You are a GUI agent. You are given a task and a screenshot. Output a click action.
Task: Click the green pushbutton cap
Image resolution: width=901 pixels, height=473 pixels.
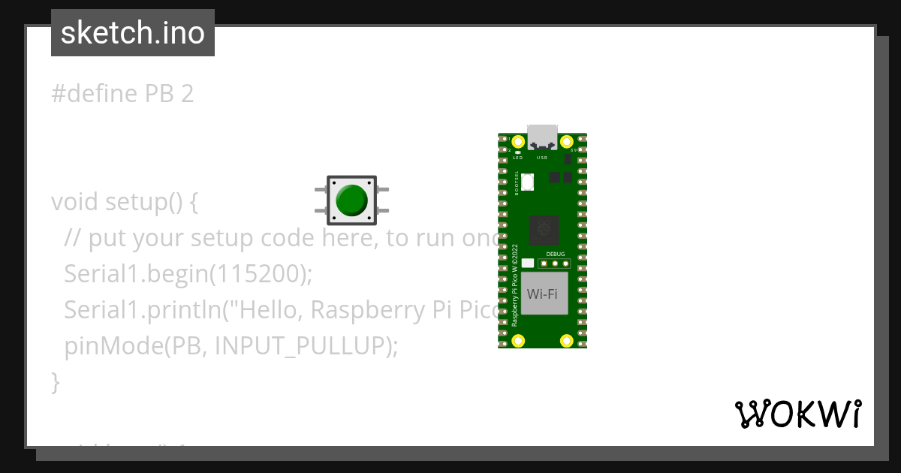(351, 200)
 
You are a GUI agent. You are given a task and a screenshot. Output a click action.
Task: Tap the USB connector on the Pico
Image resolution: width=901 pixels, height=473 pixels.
(542, 137)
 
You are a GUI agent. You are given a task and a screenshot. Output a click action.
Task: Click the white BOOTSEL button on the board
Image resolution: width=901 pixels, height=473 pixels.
(526, 181)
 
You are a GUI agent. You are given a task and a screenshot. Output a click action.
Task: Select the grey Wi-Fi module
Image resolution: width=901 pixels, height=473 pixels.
(542, 294)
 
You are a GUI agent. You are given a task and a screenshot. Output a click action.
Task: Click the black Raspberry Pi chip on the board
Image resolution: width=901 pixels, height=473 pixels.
(544, 230)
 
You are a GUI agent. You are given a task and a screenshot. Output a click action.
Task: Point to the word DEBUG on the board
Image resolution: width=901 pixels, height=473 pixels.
(555, 255)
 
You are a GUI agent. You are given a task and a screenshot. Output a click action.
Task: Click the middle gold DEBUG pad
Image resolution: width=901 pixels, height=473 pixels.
(555, 264)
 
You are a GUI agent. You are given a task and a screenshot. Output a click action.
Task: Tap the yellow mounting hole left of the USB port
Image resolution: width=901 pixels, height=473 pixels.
(517, 141)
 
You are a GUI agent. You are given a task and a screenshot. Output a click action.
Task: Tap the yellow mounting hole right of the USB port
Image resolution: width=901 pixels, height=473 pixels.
(567, 141)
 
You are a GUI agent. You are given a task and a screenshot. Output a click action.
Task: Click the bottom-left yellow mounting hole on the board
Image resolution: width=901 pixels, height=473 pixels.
(517, 341)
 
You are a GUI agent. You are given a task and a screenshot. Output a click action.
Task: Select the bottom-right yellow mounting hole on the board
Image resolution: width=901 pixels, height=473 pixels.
(567, 341)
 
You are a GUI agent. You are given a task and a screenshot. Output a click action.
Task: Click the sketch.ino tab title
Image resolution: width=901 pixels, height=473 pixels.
(133, 33)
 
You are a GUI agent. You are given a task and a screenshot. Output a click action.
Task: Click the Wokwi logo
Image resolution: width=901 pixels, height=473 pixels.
(797, 414)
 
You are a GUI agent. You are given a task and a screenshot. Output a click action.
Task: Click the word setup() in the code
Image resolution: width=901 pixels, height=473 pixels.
(143, 202)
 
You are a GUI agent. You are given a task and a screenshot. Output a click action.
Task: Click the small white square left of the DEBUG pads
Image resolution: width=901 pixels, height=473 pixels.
(527, 264)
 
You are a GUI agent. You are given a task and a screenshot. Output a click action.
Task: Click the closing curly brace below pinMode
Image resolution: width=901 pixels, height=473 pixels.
(55, 381)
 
